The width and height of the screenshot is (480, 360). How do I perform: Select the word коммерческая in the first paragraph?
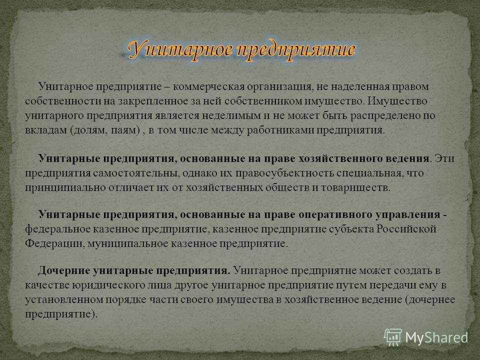(x=209, y=87)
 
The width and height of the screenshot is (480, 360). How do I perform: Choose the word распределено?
(x=385, y=116)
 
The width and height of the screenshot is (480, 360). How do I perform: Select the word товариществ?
(x=355, y=187)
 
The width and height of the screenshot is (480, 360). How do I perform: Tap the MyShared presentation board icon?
(x=393, y=337)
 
